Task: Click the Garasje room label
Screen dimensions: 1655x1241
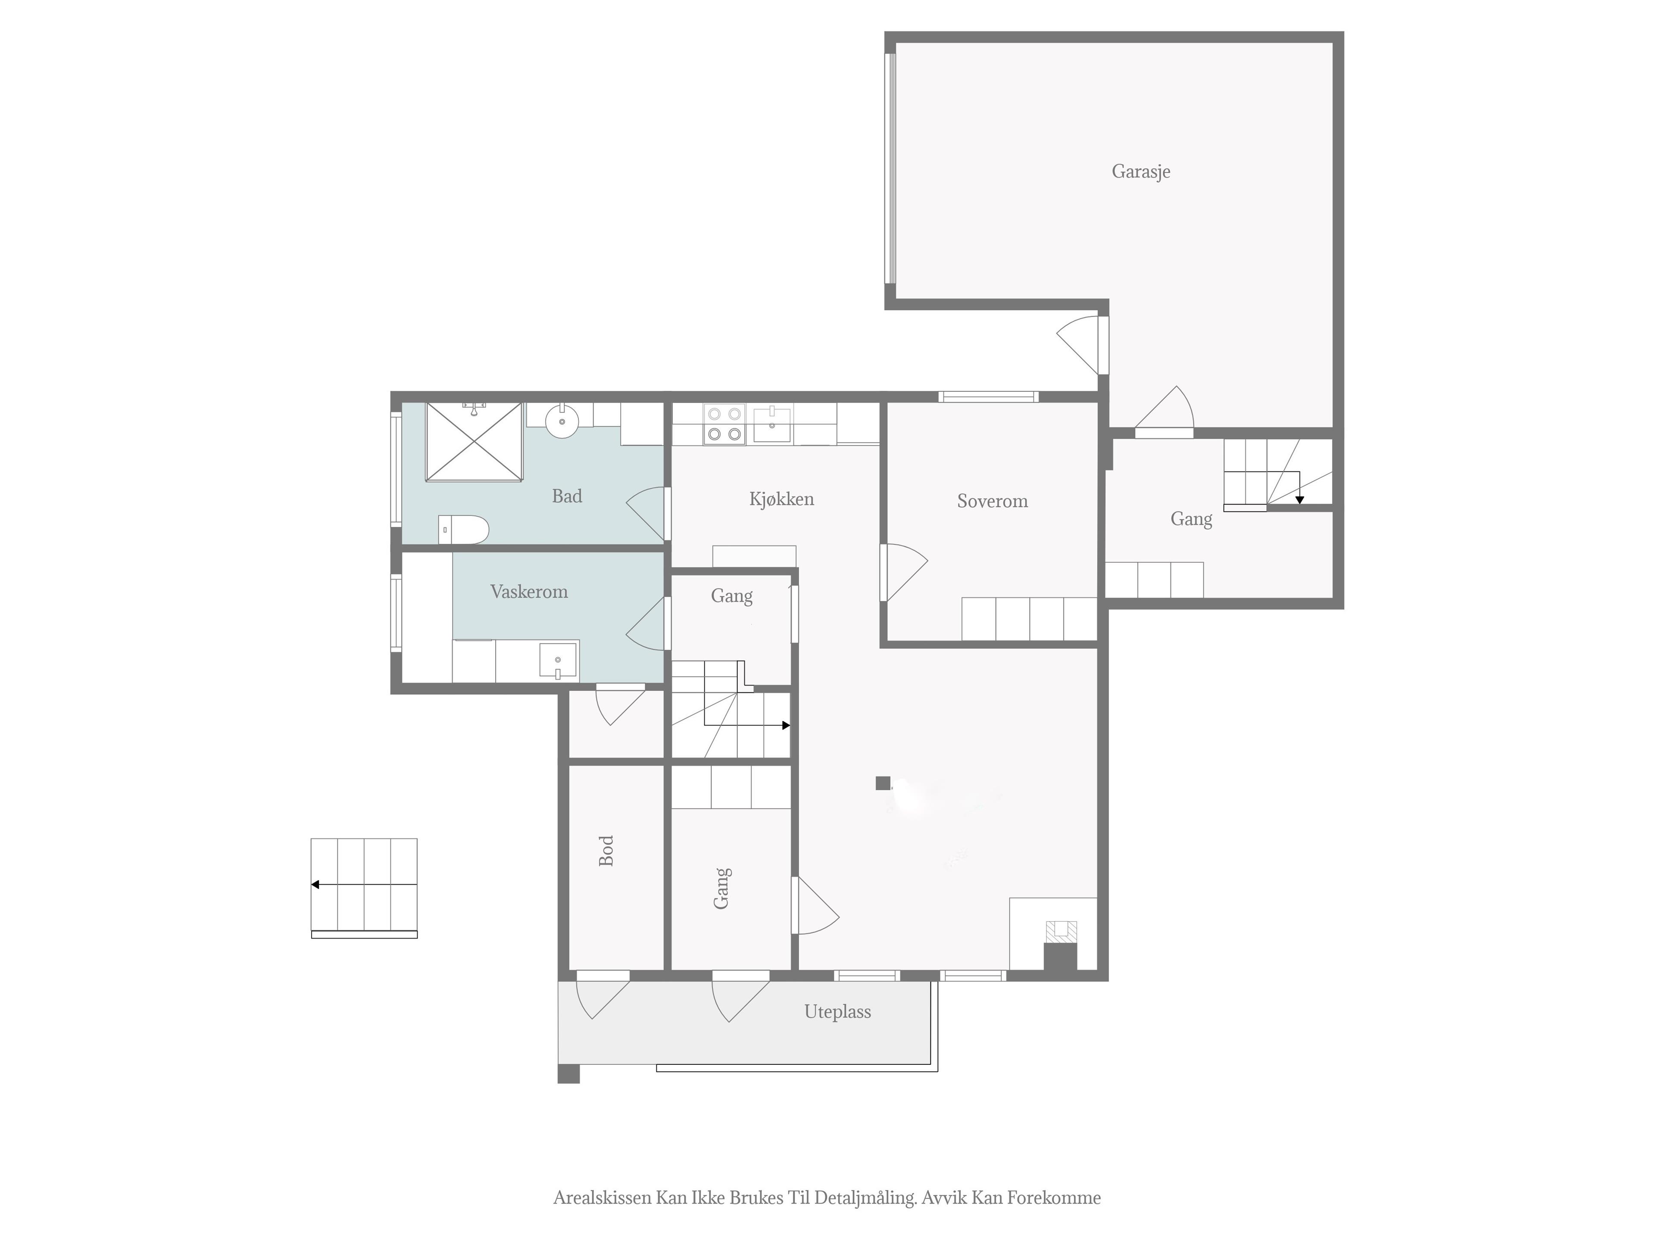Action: [x=1140, y=172]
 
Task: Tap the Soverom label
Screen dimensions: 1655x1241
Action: [x=992, y=501]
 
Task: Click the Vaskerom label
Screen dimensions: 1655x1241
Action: [x=528, y=592]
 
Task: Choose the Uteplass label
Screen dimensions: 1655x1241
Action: [x=837, y=1012]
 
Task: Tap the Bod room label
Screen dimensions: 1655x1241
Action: [x=606, y=851]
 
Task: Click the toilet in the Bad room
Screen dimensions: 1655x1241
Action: [x=463, y=529]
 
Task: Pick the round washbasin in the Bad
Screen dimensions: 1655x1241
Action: [x=562, y=421]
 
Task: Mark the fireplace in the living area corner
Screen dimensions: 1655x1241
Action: [x=1061, y=946]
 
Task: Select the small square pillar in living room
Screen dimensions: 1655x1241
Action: [x=883, y=783]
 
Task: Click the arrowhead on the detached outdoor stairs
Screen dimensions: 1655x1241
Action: [x=315, y=884]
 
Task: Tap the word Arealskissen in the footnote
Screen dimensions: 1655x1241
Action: [x=602, y=1197]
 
